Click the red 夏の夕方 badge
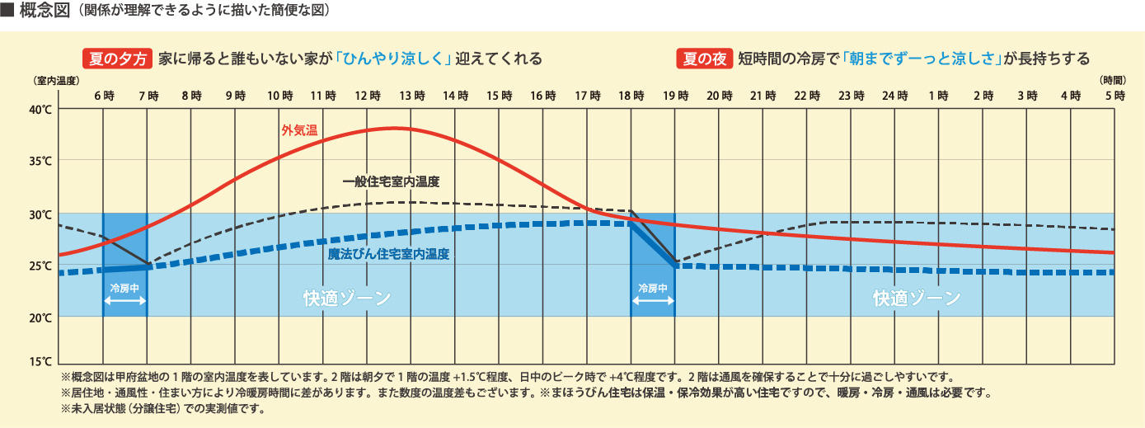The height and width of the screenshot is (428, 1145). (117, 59)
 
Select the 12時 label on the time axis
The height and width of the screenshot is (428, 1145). (367, 96)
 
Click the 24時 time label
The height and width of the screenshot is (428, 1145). (894, 96)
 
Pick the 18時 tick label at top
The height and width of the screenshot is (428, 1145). (631, 96)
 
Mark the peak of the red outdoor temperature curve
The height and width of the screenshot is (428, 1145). (393, 128)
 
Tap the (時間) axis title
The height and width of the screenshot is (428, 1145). (1113, 80)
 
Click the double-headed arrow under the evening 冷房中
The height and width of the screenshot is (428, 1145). (652, 303)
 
